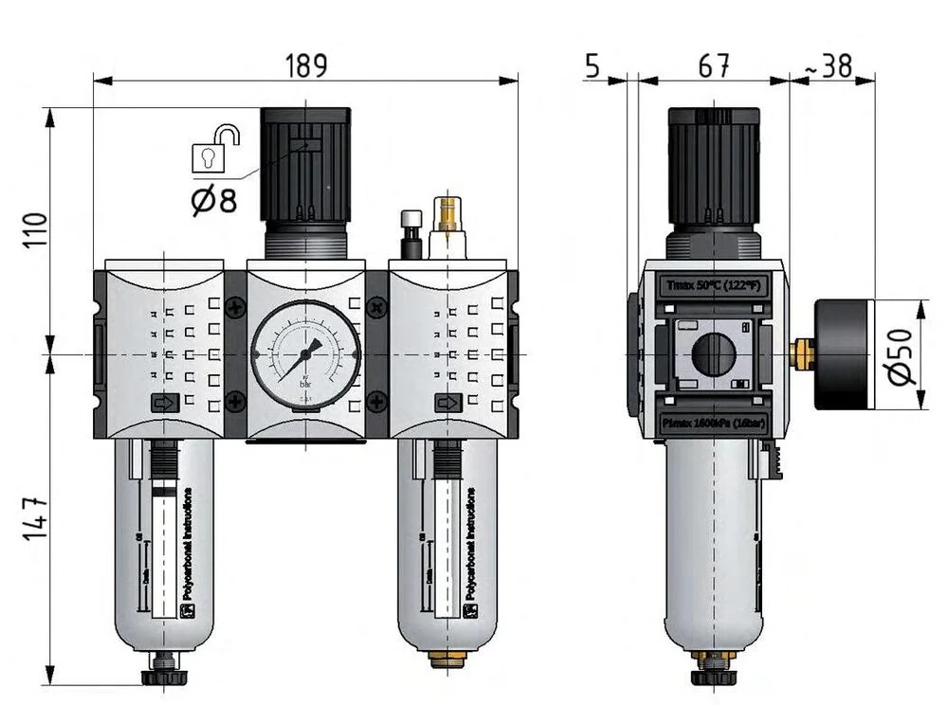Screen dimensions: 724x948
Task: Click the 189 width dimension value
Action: (x=306, y=64)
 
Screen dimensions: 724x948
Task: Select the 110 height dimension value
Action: (x=34, y=230)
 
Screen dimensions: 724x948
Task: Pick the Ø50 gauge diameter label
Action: (x=903, y=355)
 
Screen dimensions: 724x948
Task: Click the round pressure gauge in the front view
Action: (x=305, y=356)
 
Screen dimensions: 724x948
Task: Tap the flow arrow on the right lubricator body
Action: (x=447, y=404)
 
